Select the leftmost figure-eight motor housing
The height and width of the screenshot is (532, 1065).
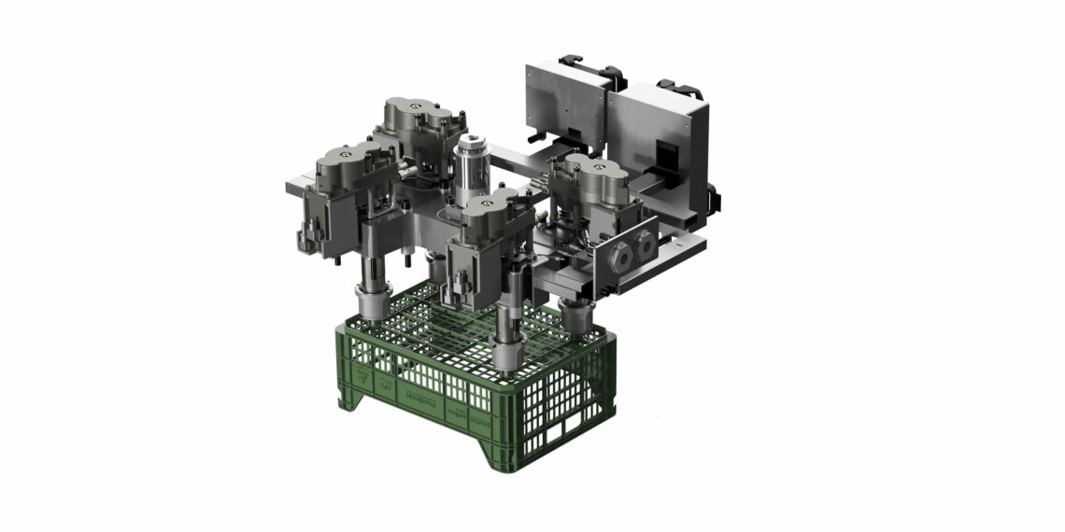pos(344,168)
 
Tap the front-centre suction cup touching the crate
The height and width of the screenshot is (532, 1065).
pos(509,355)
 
